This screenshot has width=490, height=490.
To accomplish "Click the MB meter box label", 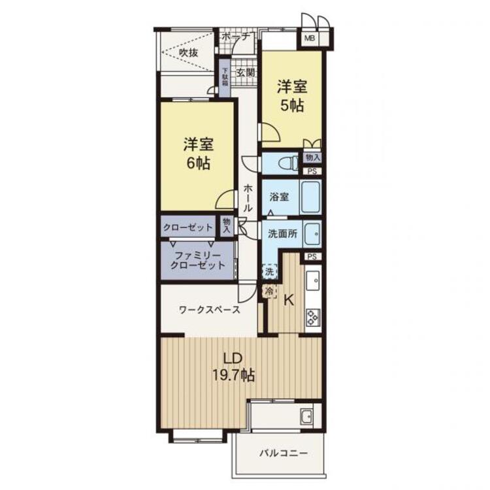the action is (310, 39).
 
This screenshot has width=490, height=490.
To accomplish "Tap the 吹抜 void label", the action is (188, 52).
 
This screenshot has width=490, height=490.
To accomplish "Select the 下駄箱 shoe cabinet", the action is (225, 78).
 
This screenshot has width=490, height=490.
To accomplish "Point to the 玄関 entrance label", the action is (245, 73).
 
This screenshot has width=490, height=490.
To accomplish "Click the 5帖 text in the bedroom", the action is (292, 106).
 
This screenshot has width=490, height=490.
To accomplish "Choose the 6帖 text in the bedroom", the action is (198, 163).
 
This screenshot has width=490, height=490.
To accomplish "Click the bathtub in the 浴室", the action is (310, 197).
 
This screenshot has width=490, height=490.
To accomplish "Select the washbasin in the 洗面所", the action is (312, 235).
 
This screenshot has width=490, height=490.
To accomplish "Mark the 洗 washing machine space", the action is (269, 271).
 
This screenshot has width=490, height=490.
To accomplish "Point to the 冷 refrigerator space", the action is (269, 291).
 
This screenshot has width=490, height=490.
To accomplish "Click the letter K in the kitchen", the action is (288, 301).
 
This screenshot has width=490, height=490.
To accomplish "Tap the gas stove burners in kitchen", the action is (313, 317).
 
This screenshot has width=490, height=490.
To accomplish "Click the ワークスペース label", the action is (209, 310).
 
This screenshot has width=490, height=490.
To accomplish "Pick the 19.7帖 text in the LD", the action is (233, 375).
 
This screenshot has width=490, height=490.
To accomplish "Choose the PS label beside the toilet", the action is (312, 171).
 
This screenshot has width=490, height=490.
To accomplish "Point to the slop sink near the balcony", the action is (306, 417).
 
